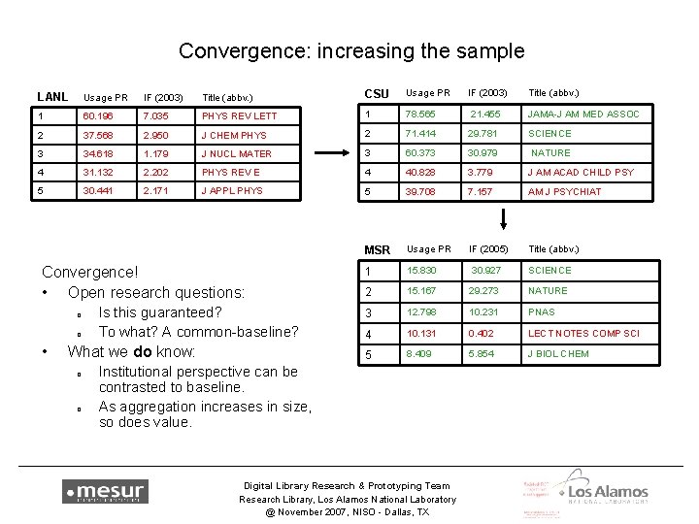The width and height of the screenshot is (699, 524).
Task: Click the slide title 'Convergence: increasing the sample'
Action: tap(349, 49)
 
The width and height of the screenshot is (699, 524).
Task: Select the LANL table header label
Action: tap(52, 96)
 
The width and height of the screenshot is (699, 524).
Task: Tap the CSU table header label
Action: tap(376, 94)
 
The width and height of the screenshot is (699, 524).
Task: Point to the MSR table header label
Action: tap(378, 250)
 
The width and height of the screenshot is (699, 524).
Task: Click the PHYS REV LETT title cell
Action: tap(239, 116)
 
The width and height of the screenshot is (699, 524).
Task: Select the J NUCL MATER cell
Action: tap(237, 153)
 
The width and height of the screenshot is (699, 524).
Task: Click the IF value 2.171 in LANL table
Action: tap(156, 191)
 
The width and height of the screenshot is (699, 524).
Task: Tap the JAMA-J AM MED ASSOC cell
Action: tap(583, 115)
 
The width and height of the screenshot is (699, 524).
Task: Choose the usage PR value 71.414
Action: tap(422, 133)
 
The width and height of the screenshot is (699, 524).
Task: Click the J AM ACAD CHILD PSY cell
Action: tap(581, 172)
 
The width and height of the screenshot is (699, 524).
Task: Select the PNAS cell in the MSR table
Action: tap(541, 311)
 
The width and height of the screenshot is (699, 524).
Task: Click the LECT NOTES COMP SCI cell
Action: tap(583, 334)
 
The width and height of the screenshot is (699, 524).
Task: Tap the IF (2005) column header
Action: tap(487, 249)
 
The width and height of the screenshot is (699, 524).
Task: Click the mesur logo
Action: tap(105, 492)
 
